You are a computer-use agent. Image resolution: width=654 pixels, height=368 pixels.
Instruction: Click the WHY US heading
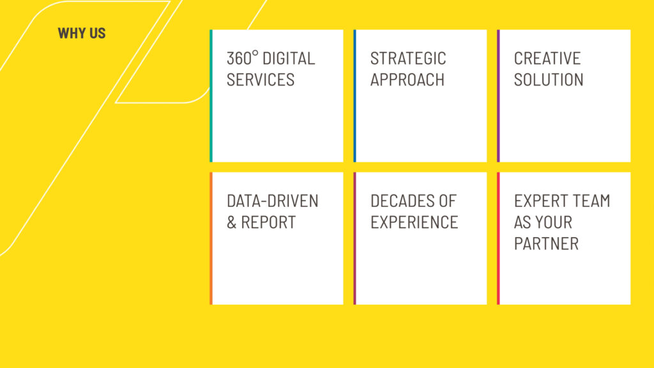pyautogui.click(x=82, y=33)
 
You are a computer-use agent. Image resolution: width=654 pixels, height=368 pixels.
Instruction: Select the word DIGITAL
pyautogui.click(x=289, y=58)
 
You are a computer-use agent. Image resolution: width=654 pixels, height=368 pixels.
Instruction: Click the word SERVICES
pyautogui.click(x=261, y=79)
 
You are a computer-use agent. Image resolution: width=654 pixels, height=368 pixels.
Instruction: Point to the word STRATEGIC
pyautogui.click(x=408, y=58)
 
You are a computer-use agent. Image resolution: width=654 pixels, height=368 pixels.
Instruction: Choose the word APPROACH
pyautogui.click(x=407, y=79)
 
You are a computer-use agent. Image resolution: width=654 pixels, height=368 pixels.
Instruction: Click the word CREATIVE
pyautogui.click(x=547, y=58)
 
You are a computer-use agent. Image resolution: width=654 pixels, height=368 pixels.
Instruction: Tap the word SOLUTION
pyautogui.click(x=549, y=79)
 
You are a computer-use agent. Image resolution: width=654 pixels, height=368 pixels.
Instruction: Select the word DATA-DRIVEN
pyautogui.click(x=273, y=201)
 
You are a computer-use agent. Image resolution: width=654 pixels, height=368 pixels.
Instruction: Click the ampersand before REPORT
pyautogui.click(x=231, y=222)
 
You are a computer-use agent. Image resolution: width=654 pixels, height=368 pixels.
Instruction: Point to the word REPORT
pyautogui.click(x=269, y=222)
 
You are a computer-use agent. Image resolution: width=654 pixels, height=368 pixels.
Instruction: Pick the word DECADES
pyautogui.click(x=399, y=201)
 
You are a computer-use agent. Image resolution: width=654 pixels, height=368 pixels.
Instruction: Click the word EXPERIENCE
pyautogui.click(x=414, y=222)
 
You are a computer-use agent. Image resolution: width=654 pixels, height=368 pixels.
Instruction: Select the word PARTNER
pyautogui.click(x=547, y=243)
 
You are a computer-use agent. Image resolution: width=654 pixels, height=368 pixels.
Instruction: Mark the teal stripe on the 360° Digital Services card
pyautogui.click(x=211, y=96)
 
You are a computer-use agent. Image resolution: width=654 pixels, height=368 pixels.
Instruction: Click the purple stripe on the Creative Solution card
pyautogui.click(x=498, y=96)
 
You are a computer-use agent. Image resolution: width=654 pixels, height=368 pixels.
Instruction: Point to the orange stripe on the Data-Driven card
pyautogui.click(x=211, y=238)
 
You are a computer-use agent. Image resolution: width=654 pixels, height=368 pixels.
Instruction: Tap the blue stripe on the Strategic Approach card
pyautogui.click(x=355, y=96)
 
